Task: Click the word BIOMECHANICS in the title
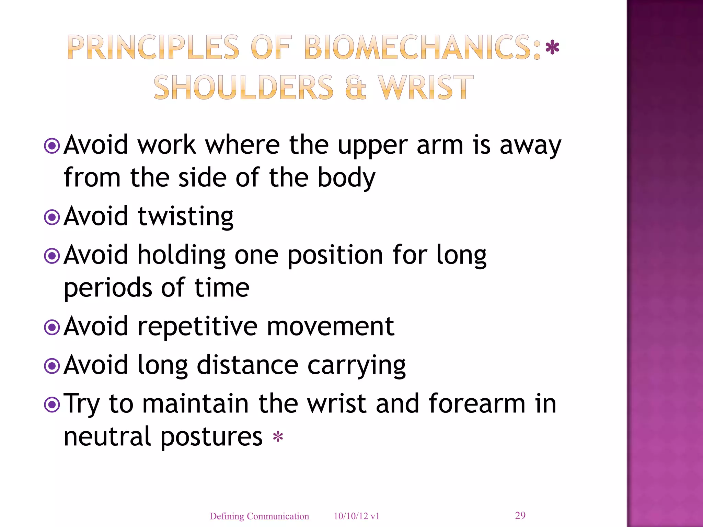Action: click(422, 47)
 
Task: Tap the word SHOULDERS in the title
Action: click(243, 88)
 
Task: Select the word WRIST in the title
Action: click(426, 88)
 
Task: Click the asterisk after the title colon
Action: click(552, 48)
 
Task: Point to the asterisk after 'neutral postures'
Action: click(278, 437)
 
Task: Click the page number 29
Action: click(520, 515)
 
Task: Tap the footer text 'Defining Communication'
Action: click(259, 516)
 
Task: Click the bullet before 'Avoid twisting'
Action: click(52, 217)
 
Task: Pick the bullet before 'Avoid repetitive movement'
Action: click(52, 327)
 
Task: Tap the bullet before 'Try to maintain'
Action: click(52, 405)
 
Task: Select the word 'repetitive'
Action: click(197, 327)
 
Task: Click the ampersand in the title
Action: click(356, 88)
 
